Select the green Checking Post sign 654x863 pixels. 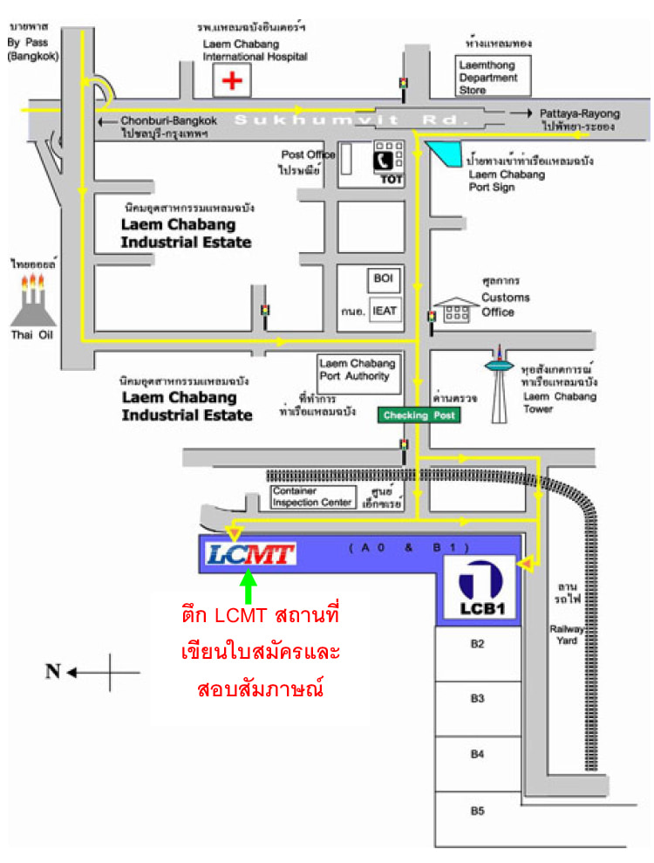point(418,415)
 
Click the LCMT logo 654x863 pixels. point(251,553)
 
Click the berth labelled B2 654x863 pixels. point(477,645)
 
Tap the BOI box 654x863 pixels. point(384,279)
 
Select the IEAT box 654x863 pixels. point(384,310)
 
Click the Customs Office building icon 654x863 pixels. point(456,309)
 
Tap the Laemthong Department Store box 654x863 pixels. point(488,76)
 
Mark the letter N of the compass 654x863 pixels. point(53,671)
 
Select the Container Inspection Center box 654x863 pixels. point(312,497)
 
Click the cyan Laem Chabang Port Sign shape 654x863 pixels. point(446,157)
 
